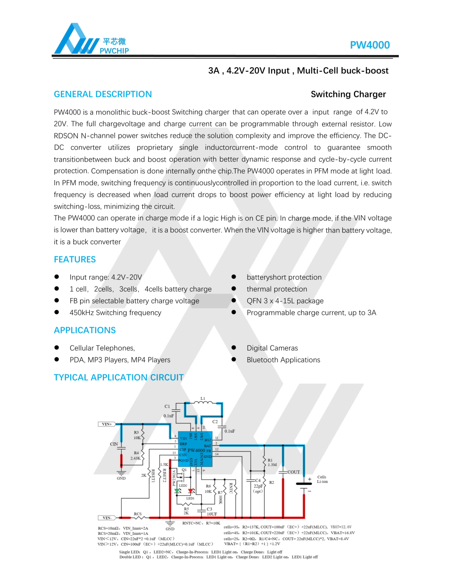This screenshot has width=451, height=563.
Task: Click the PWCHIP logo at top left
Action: (x=91, y=40)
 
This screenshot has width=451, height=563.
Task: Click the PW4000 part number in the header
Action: (x=369, y=45)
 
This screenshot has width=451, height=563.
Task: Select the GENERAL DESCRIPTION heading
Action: (x=103, y=94)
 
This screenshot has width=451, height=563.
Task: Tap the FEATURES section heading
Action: (x=75, y=260)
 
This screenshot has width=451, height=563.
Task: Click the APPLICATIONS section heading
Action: (x=85, y=330)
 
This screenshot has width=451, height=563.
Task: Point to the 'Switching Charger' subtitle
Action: (x=348, y=94)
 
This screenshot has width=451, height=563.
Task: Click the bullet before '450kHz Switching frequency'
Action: (x=57, y=312)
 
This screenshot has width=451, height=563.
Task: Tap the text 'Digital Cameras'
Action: (x=272, y=348)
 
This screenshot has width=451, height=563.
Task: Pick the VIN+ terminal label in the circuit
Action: (x=106, y=424)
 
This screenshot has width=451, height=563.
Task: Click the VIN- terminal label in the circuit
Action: (x=106, y=518)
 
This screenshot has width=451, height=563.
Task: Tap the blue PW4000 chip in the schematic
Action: (x=195, y=449)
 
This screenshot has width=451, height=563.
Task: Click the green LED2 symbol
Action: (x=177, y=490)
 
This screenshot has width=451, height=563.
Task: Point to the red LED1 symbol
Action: (x=190, y=491)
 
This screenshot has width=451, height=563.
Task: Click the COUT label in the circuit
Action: (x=294, y=472)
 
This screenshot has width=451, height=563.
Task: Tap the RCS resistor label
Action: (x=138, y=514)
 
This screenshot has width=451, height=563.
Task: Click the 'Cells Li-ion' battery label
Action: (x=322, y=479)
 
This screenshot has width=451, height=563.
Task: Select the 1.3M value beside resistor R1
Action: (x=272, y=464)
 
